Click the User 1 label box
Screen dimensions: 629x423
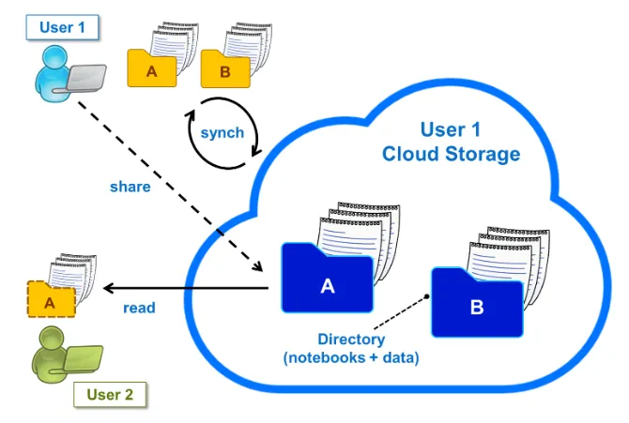point(62,27)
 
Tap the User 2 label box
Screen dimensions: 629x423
point(110,395)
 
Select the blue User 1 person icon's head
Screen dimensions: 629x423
point(55,59)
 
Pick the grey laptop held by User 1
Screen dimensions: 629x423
point(85,78)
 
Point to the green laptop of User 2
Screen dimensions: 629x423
point(83,358)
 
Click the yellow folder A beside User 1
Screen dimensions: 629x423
point(152,68)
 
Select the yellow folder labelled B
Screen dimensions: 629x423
point(225,69)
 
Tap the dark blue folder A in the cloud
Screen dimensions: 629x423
point(328,278)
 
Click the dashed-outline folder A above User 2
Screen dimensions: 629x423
point(51,299)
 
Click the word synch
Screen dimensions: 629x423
point(222,132)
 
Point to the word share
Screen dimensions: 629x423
point(130,187)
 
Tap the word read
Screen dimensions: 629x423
point(139,308)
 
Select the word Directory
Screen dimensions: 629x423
point(351,340)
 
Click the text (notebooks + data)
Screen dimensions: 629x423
point(351,357)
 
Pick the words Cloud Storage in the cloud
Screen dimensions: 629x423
point(451,154)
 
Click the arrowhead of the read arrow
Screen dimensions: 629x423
point(108,288)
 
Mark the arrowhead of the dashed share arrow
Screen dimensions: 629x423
point(258,266)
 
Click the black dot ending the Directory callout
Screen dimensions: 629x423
point(427,296)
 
